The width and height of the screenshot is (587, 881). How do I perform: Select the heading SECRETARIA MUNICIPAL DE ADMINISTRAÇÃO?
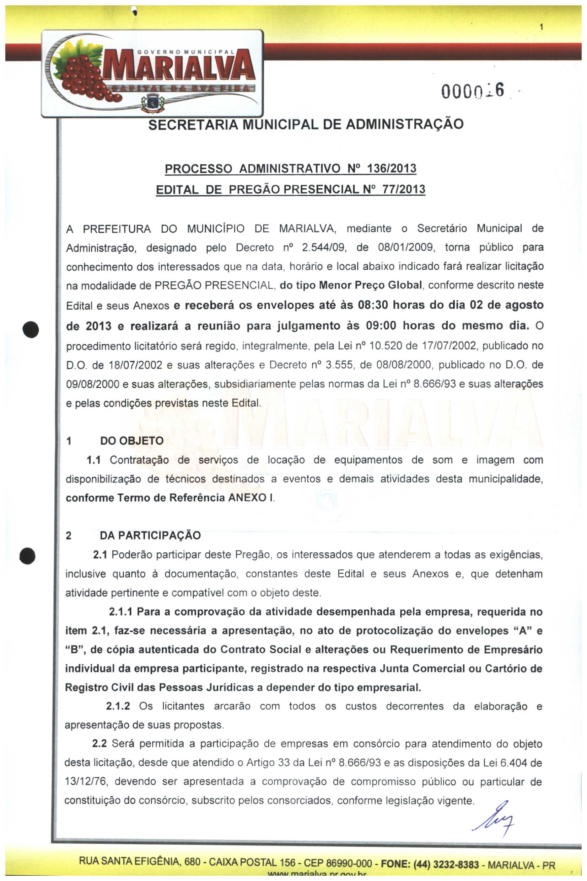coord(306,124)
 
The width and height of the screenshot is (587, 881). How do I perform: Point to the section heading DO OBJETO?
coord(132,441)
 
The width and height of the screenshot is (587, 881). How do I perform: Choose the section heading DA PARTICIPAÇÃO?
coord(150,536)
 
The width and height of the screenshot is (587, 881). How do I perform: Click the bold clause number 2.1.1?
coord(121,612)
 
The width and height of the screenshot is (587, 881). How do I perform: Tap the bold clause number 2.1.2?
coord(118,706)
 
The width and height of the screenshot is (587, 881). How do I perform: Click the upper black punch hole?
coord(31,330)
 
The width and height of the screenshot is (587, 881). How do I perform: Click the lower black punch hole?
coord(28,555)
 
